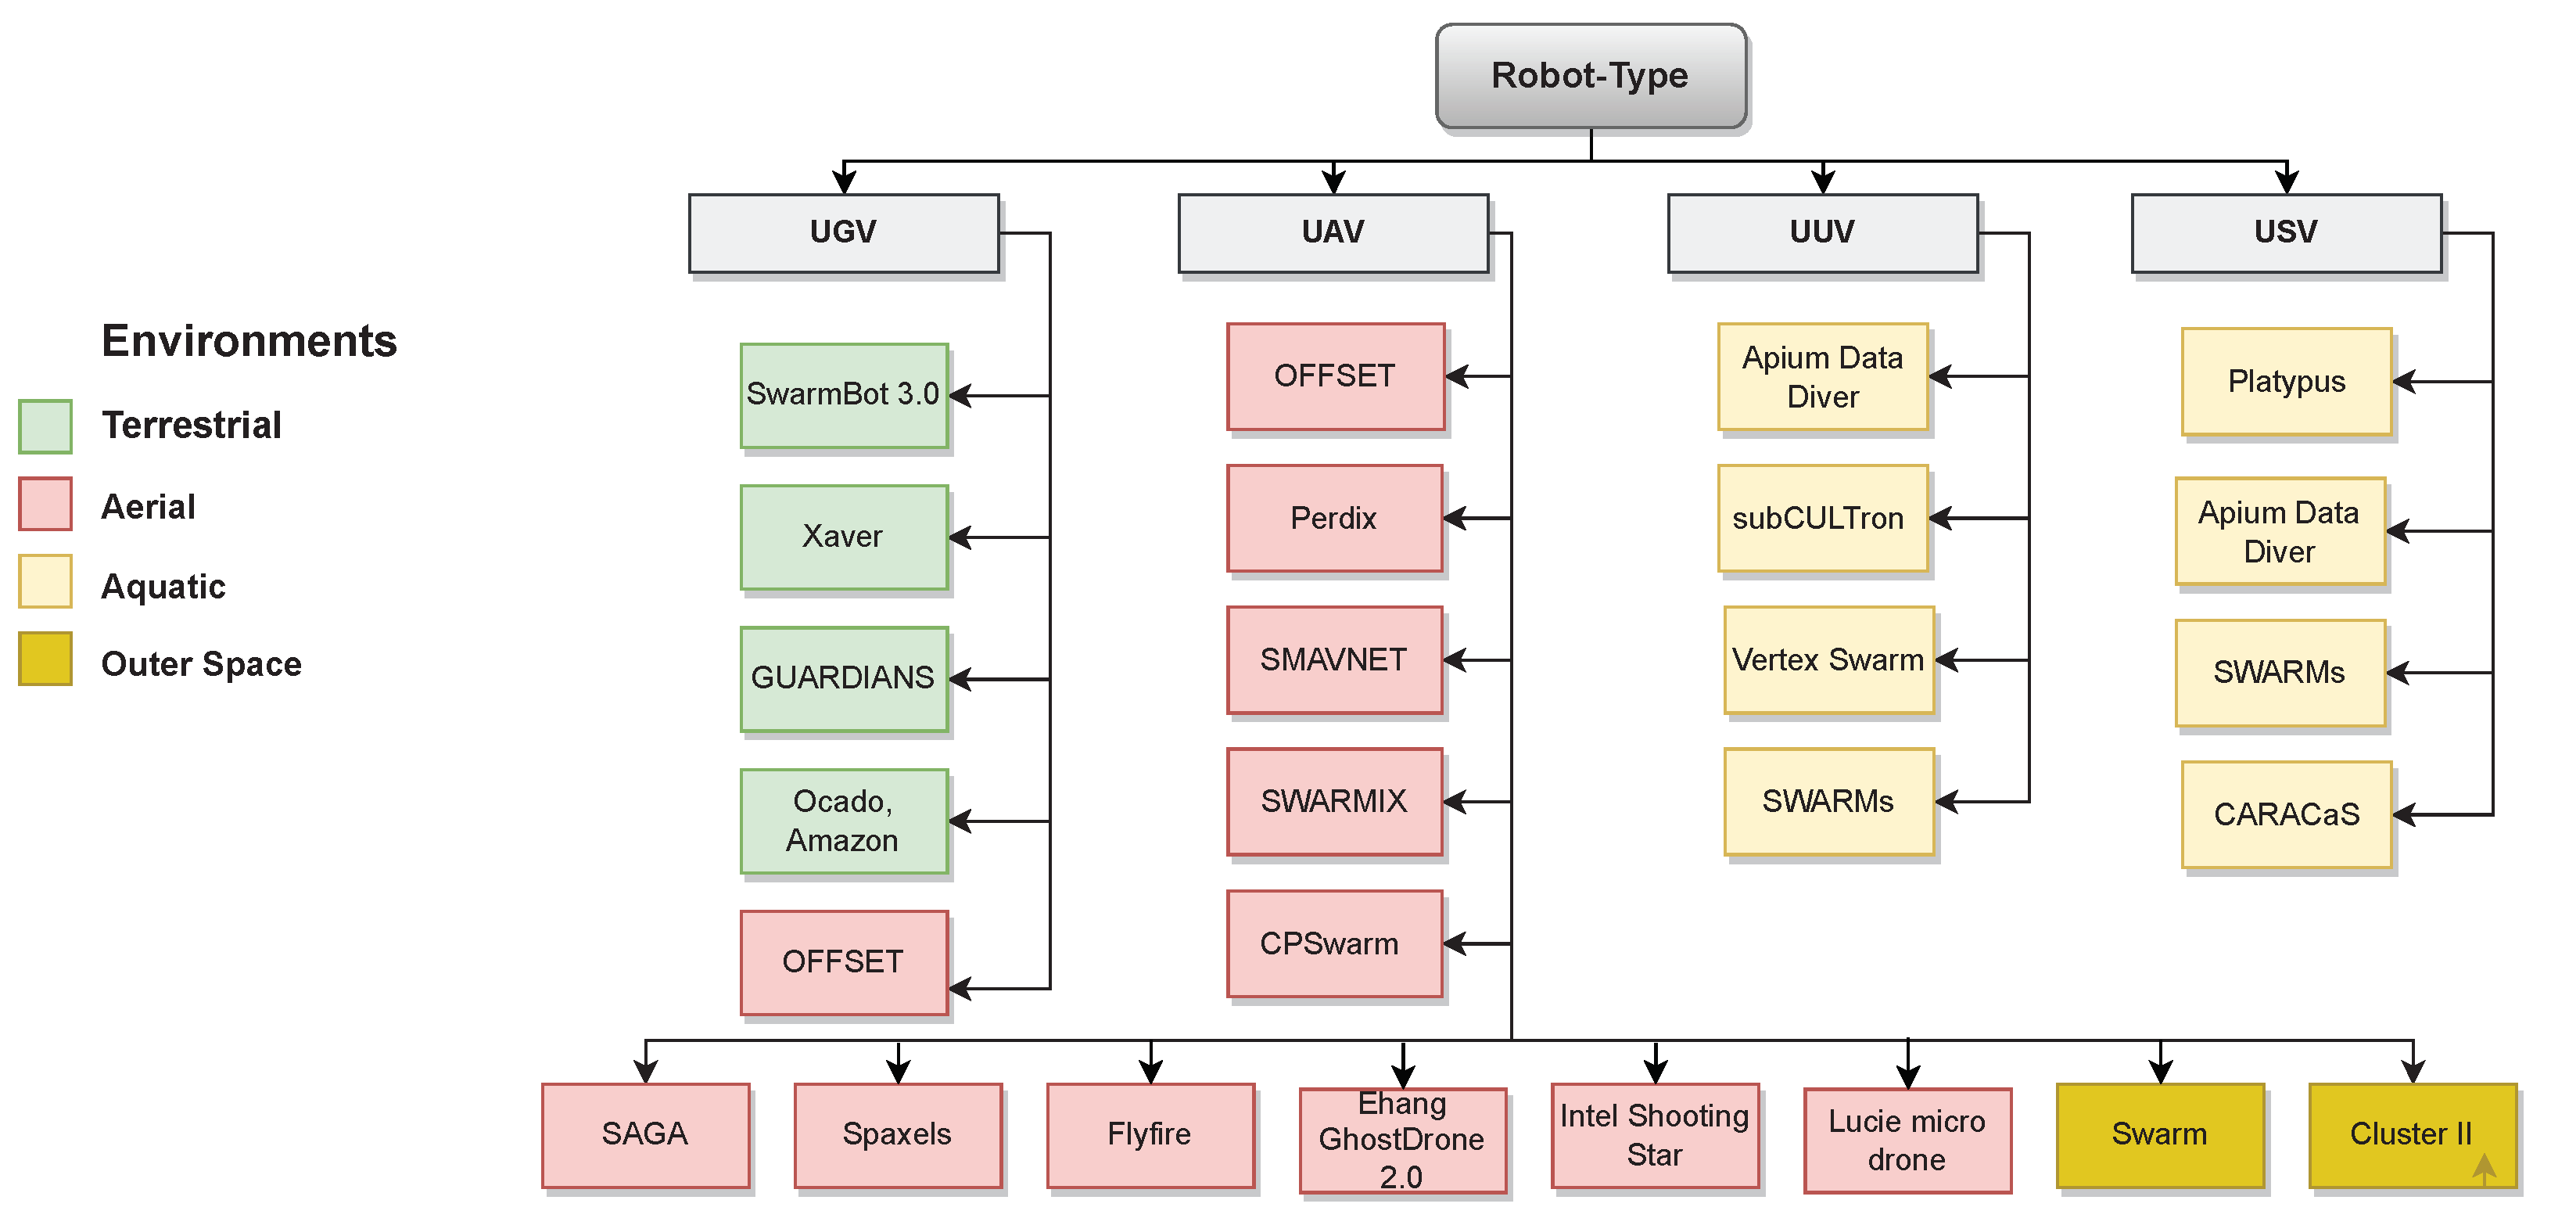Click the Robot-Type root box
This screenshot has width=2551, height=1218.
[1591, 76]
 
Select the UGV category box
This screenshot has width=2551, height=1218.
[844, 232]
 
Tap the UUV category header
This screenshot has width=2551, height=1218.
[1822, 232]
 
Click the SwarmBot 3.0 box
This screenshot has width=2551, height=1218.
[844, 395]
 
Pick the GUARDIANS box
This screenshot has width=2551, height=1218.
[844, 678]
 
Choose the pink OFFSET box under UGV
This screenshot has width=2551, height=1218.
[844, 961]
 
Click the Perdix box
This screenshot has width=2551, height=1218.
[1334, 518]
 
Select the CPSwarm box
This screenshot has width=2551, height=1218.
[1334, 943]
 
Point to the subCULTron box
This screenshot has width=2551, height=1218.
[1822, 518]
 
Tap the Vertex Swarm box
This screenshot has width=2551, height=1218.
[1828, 659]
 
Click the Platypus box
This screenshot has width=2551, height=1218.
[2286, 381]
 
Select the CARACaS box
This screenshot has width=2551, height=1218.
[2286, 814]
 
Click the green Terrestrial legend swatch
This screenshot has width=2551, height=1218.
[45, 426]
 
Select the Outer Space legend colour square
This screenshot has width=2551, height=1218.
[45, 659]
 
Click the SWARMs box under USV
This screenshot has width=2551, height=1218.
[2280, 673]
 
